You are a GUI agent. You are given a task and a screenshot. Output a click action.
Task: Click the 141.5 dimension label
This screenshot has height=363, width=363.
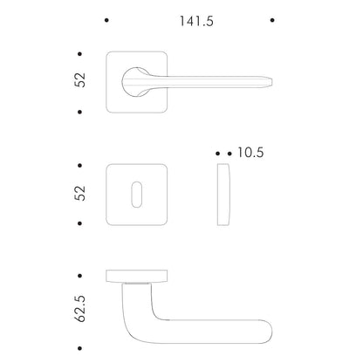(196, 21)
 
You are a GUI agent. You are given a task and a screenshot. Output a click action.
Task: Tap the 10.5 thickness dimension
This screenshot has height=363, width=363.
(250, 153)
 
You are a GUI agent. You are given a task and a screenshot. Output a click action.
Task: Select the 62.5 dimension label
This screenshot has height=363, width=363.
(80, 309)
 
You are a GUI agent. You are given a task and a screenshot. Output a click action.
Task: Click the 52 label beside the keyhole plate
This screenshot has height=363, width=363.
(80, 193)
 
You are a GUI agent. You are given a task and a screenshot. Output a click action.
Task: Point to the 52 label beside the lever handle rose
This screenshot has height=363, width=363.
(80, 79)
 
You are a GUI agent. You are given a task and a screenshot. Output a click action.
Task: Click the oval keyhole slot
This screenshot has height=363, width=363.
(137, 195)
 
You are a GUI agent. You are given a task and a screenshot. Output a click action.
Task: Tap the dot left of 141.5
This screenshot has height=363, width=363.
(106, 20)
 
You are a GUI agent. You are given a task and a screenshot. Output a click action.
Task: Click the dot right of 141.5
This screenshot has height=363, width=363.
(272, 20)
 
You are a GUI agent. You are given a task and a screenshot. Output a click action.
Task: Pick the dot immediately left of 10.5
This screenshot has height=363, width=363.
(229, 154)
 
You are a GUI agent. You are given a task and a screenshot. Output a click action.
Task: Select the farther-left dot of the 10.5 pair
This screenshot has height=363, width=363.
(218, 154)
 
